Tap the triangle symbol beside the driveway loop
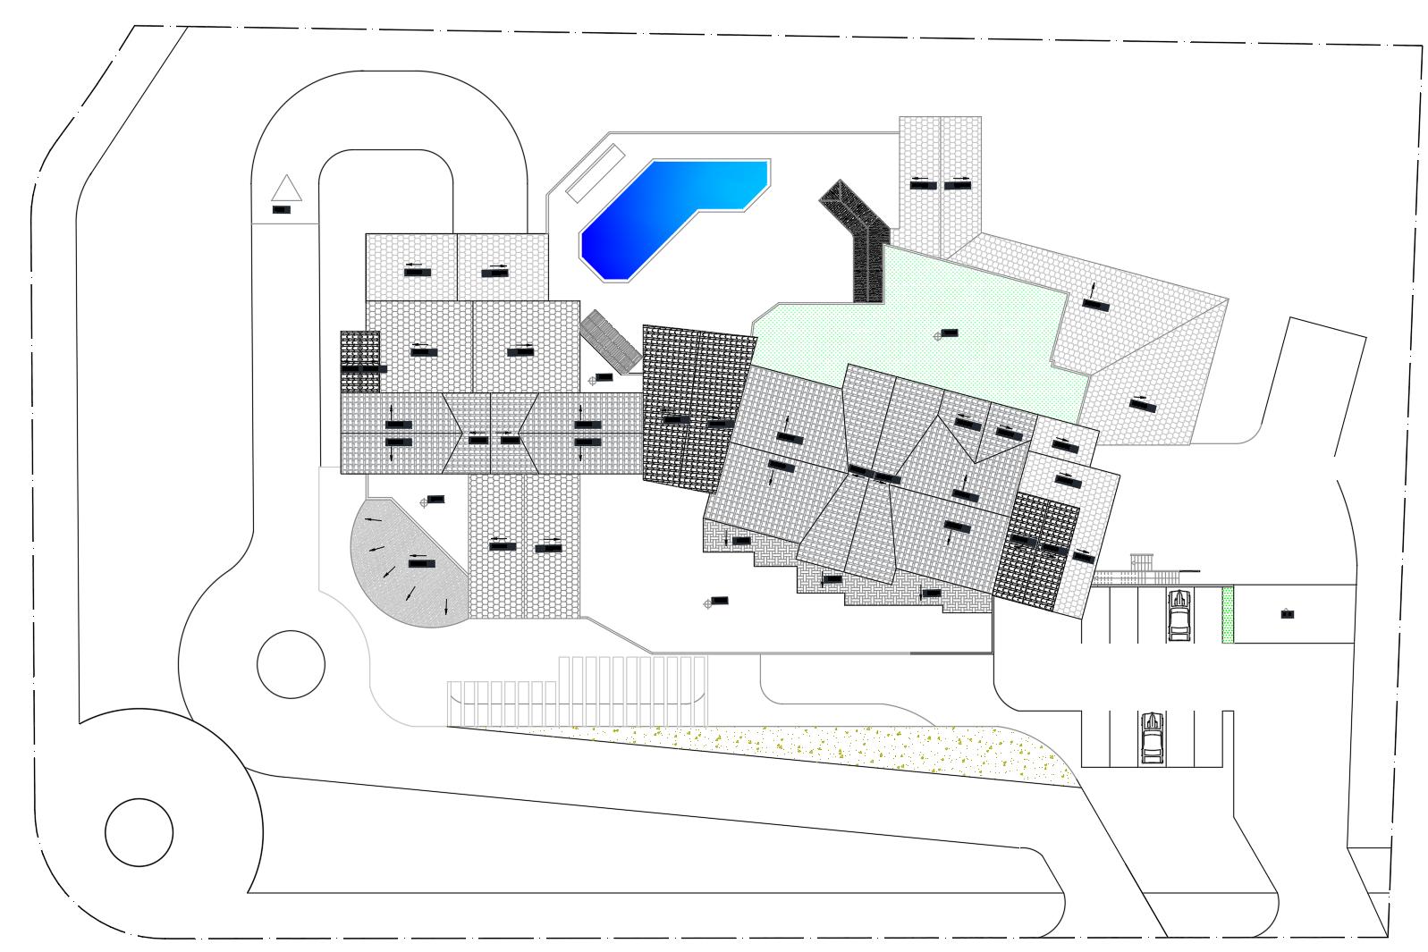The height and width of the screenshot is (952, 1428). pyautogui.click(x=286, y=190)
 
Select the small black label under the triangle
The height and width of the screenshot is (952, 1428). pyautogui.click(x=282, y=210)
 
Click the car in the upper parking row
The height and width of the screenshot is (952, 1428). pyautogui.click(x=1179, y=614)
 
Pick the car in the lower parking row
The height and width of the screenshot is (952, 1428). pyautogui.click(x=1152, y=738)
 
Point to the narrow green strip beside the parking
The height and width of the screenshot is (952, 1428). pyautogui.click(x=1228, y=614)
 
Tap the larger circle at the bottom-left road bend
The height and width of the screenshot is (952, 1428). pyautogui.click(x=139, y=831)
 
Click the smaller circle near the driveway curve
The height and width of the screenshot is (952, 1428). pyautogui.click(x=291, y=664)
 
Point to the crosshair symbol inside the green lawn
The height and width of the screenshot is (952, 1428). pyautogui.click(x=938, y=335)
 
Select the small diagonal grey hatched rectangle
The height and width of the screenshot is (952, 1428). pyautogui.click(x=611, y=340)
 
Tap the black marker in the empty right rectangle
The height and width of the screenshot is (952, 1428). pyautogui.click(x=1287, y=614)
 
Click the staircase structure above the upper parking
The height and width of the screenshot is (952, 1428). pyautogui.click(x=1141, y=568)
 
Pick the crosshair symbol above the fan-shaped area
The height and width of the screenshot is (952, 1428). pyautogui.click(x=425, y=502)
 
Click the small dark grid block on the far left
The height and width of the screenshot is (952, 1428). pyautogui.click(x=359, y=362)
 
